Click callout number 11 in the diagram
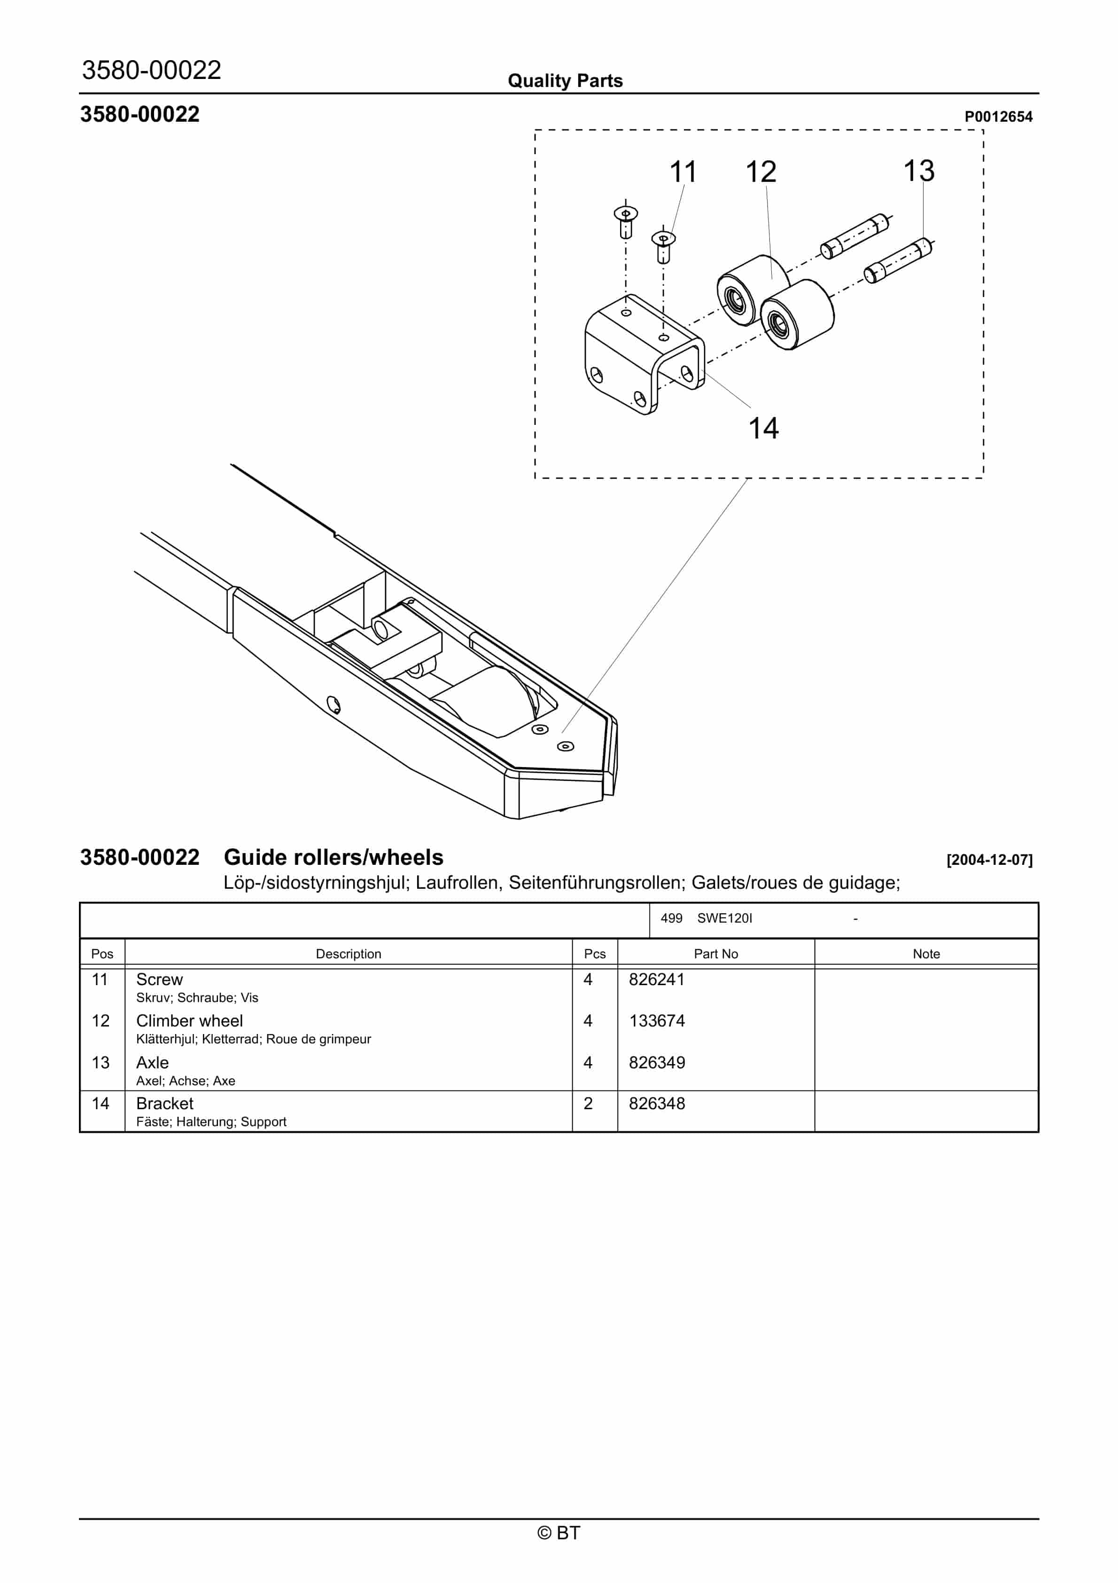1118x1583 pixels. [683, 172]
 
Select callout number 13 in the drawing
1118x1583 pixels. [919, 171]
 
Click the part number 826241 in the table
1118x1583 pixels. [656, 979]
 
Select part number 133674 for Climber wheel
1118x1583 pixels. [656, 1020]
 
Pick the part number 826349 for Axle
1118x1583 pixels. [656, 1062]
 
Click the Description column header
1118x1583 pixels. [348, 954]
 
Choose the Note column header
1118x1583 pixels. [926, 954]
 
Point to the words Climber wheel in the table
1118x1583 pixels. [190, 1020]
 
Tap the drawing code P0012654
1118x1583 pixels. [998, 117]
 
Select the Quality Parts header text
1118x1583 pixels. [565, 81]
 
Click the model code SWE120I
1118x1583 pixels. [724, 918]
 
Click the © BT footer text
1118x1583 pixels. [559, 1533]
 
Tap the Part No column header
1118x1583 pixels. [715, 954]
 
